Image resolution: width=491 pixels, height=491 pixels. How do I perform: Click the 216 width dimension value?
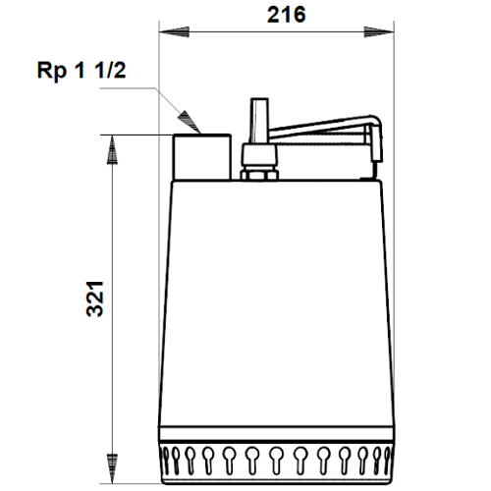[287, 15]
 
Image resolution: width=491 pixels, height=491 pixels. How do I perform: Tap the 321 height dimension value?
[95, 299]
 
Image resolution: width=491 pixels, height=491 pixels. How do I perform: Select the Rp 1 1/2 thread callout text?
[82, 71]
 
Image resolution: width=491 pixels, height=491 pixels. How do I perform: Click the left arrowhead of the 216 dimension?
[174, 31]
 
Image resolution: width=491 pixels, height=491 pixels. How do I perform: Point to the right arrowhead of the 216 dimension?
[379, 31]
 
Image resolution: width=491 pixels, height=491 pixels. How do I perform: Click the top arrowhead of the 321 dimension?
[112, 149]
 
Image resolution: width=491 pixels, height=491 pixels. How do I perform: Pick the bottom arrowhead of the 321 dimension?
[112, 468]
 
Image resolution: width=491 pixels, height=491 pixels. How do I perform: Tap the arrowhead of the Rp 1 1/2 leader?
[190, 122]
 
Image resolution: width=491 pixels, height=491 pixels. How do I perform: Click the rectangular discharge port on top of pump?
[202, 157]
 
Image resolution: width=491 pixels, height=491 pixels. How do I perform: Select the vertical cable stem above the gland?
[259, 121]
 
